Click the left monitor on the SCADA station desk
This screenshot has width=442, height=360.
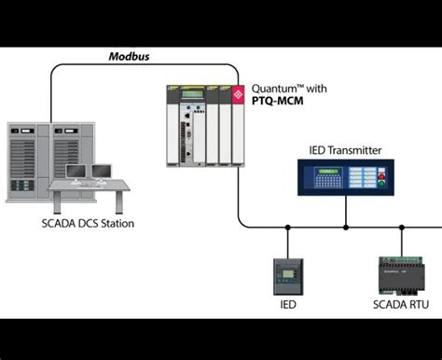click(x=79, y=173)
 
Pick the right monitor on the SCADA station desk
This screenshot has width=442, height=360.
click(x=102, y=172)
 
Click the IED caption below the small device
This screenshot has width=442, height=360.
click(x=286, y=304)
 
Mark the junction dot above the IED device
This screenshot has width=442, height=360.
click(x=286, y=227)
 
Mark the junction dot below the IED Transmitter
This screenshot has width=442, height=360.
click(x=345, y=227)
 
